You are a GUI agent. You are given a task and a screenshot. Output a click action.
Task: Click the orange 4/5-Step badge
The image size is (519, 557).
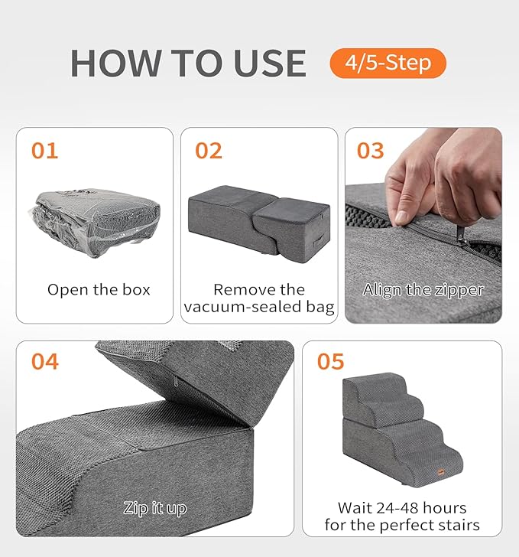coord(388,62)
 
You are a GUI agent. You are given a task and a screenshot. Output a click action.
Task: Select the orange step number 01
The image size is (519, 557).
coord(44,151)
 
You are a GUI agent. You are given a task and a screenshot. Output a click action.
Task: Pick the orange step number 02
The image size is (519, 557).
coord(209,151)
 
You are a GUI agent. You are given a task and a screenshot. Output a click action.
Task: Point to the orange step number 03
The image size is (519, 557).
coord(371,151)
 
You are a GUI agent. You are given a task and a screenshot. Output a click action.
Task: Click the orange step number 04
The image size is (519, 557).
coord(44,361)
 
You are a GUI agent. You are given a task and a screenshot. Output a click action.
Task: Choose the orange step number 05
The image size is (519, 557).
coord(330,361)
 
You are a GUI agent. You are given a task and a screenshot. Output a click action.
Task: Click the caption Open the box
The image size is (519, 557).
coord(99,290)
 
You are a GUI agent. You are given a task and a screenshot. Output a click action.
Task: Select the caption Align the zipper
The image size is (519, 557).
coord(423,290)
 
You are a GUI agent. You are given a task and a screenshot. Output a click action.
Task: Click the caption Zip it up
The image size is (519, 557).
coord(155,507)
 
